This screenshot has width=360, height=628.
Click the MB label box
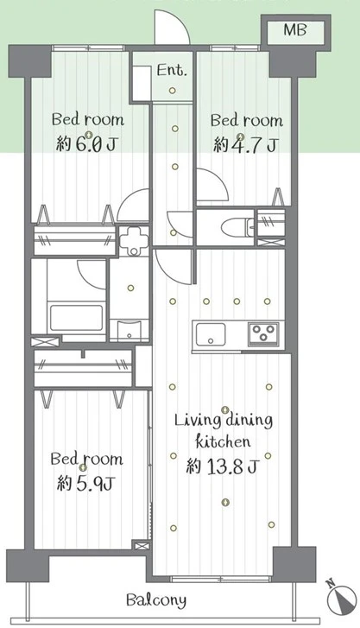(296, 30)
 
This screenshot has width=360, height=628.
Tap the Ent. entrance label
(172, 71)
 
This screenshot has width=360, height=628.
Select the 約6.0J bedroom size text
(86, 144)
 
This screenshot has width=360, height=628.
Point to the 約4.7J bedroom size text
(245, 144)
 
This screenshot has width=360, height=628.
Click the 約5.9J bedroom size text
(86, 484)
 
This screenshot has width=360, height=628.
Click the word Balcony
(156, 600)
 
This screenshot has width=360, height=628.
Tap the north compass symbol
(342, 597)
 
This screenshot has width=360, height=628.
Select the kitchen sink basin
(211, 335)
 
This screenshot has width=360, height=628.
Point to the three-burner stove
(263, 333)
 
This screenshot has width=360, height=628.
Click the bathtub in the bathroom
(76, 318)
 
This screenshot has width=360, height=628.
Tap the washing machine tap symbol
(134, 239)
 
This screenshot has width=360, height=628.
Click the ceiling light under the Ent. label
(172, 91)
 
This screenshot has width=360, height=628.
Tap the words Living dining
(224, 420)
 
